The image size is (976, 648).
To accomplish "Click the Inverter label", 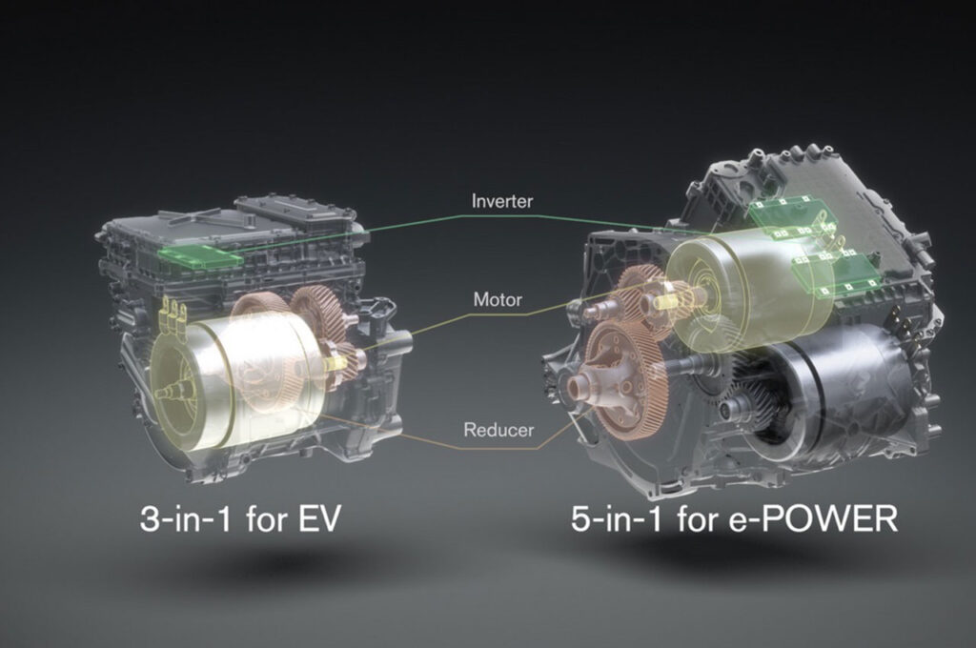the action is click(x=501, y=201).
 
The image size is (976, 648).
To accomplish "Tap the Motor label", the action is click(x=498, y=299).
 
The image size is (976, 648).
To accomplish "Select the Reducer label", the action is click(x=498, y=430).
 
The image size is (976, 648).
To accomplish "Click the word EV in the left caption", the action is click(x=319, y=517).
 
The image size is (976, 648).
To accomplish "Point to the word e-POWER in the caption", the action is click(x=813, y=517).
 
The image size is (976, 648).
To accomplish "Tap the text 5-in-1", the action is click(x=617, y=517).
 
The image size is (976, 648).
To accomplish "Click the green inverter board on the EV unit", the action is click(x=200, y=255).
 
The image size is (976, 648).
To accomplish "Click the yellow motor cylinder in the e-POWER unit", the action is click(x=750, y=287).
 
